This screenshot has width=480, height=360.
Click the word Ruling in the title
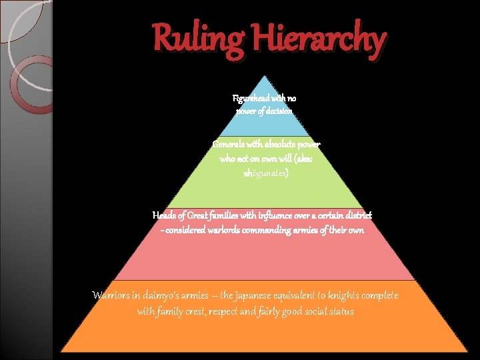pyautogui.click(x=199, y=39)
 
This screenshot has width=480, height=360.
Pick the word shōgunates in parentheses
pyautogui.click(x=267, y=173)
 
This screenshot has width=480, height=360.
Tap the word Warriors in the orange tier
pyautogui.click(x=113, y=295)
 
